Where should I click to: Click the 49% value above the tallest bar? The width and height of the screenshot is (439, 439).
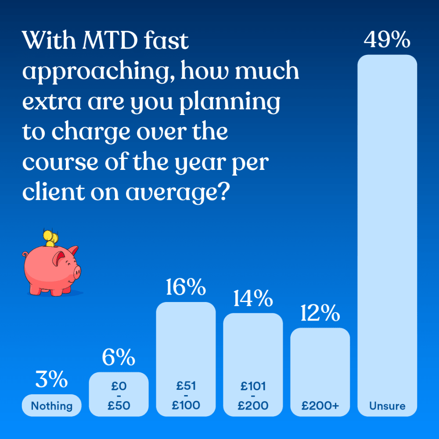(387, 40)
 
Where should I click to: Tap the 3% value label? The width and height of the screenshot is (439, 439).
(52, 380)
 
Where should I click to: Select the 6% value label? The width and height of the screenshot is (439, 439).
(119, 358)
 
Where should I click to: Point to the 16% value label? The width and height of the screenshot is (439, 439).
(186, 288)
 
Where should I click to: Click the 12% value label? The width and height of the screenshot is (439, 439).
(320, 314)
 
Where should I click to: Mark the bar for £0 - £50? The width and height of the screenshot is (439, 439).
(119, 394)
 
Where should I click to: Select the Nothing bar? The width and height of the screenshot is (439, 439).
(52, 406)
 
